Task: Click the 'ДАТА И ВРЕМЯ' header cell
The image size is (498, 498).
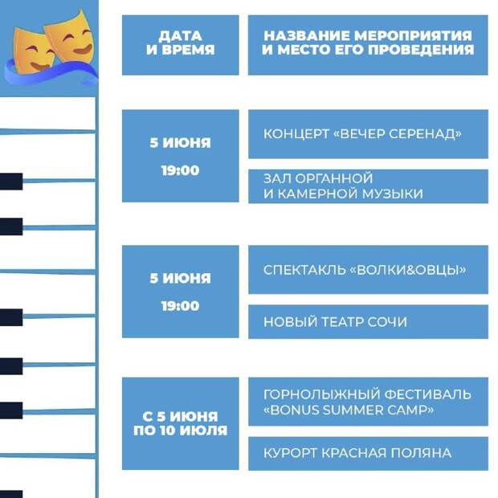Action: click(x=181, y=45)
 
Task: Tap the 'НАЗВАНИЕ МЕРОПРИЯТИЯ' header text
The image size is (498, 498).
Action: click(x=368, y=35)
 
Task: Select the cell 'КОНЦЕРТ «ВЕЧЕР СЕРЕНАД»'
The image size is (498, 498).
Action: click(x=368, y=134)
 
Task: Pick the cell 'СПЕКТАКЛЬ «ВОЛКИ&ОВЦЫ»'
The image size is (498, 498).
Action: click(x=368, y=270)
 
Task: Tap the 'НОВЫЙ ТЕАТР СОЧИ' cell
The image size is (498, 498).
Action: click(x=368, y=322)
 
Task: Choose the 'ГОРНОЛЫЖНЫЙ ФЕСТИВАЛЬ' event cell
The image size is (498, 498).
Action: click(x=368, y=402)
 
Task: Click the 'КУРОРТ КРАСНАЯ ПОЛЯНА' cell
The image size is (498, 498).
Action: click(x=368, y=454)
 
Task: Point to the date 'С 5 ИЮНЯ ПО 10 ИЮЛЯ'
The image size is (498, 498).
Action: click(x=181, y=423)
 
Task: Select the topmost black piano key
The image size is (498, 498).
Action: click(x=11, y=182)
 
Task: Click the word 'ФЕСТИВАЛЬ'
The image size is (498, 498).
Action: click(x=427, y=394)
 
